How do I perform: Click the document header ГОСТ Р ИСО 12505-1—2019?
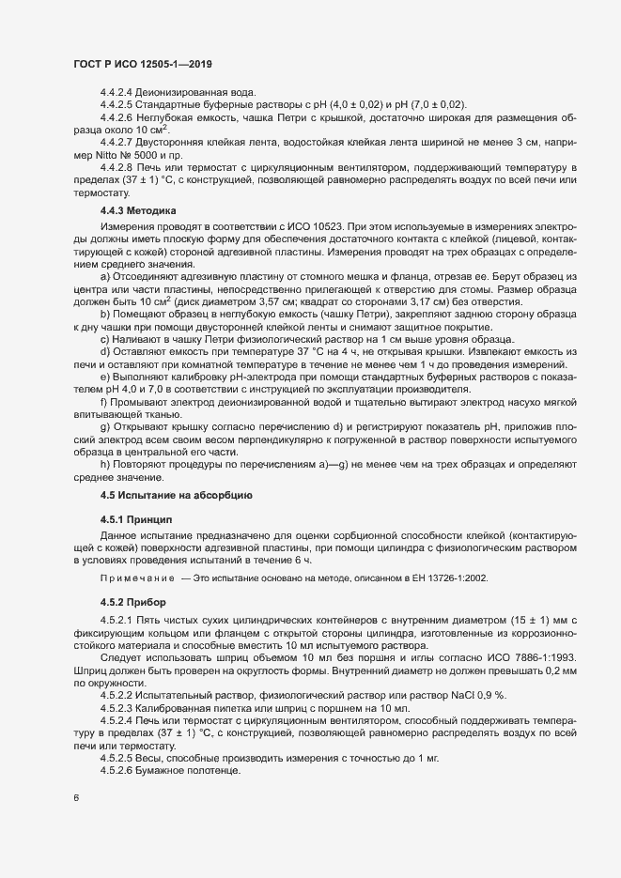[142, 63]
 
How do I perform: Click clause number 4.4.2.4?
[116, 93]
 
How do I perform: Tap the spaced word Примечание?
[137, 578]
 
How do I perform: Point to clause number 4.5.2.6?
[116, 771]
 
